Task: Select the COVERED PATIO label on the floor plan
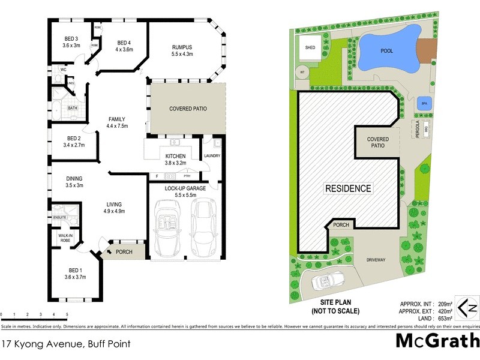pos(188,109)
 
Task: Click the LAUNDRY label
pos(212,157)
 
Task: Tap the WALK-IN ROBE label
pos(65,238)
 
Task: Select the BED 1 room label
pos(75,274)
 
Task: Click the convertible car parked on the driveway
pos(325,281)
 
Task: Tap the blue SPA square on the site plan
pos(424,103)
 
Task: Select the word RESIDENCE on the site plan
pos(348,188)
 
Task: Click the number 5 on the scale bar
pos(67,314)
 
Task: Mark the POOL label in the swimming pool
pos(387,51)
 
